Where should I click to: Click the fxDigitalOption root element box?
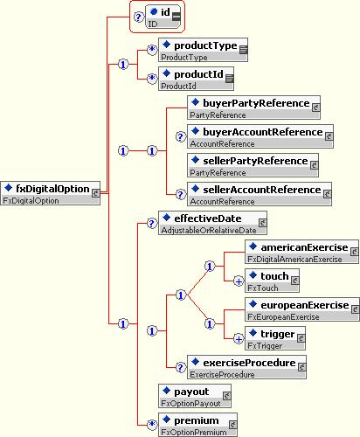tap(51, 193)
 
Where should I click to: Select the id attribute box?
tap(163, 17)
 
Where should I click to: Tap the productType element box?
tap(203, 50)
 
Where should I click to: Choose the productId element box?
tap(196, 79)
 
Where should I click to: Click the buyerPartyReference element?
tap(253, 108)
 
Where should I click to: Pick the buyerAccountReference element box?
tap(260, 136)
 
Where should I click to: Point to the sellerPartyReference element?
tap(253, 165)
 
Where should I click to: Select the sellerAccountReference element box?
tap(260, 194)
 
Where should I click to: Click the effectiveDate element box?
tap(212, 223)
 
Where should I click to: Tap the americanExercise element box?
tap(301, 252)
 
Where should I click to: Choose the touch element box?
tap(272, 281)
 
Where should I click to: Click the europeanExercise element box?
tap(302, 309)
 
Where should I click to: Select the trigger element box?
tap(275, 338)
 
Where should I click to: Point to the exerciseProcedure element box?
tap(246, 367)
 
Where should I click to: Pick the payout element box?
tap(195, 396)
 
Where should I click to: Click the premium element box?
tap(197, 425)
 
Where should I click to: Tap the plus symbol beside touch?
tap(239, 281)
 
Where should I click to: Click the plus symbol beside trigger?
tap(239, 339)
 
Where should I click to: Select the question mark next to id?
tap(138, 17)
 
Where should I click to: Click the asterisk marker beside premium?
tap(152, 425)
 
